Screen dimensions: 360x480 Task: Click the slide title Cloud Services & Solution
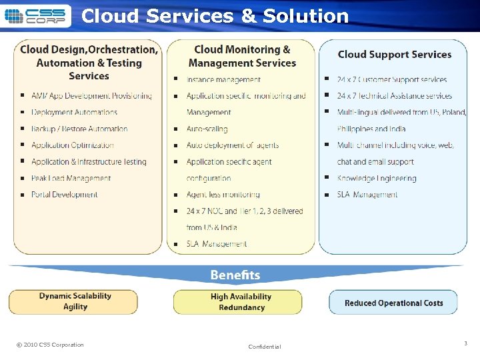(x=215, y=15)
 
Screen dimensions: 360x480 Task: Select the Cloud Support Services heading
(x=394, y=55)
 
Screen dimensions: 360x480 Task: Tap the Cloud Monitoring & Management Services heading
(x=242, y=56)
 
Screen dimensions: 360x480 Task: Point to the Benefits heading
(x=235, y=275)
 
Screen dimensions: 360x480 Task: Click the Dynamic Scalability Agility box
(x=75, y=301)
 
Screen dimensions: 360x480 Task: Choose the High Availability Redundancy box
(x=241, y=302)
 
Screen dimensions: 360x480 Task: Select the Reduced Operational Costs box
(x=393, y=303)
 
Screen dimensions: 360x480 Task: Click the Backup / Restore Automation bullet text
(x=79, y=129)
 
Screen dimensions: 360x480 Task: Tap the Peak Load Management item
(x=71, y=178)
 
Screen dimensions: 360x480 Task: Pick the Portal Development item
(x=65, y=195)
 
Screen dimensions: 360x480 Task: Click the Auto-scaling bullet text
(x=207, y=129)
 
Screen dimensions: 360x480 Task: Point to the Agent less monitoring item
(x=223, y=195)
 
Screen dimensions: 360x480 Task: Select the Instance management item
(x=223, y=80)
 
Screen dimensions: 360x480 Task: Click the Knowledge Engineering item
(x=377, y=178)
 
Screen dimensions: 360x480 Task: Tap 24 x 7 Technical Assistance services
(x=395, y=96)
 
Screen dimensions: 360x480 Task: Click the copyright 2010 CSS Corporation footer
(x=50, y=345)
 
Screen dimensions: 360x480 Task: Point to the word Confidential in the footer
(x=265, y=347)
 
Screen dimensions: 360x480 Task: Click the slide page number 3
(x=465, y=343)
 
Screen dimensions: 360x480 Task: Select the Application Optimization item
(x=73, y=145)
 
